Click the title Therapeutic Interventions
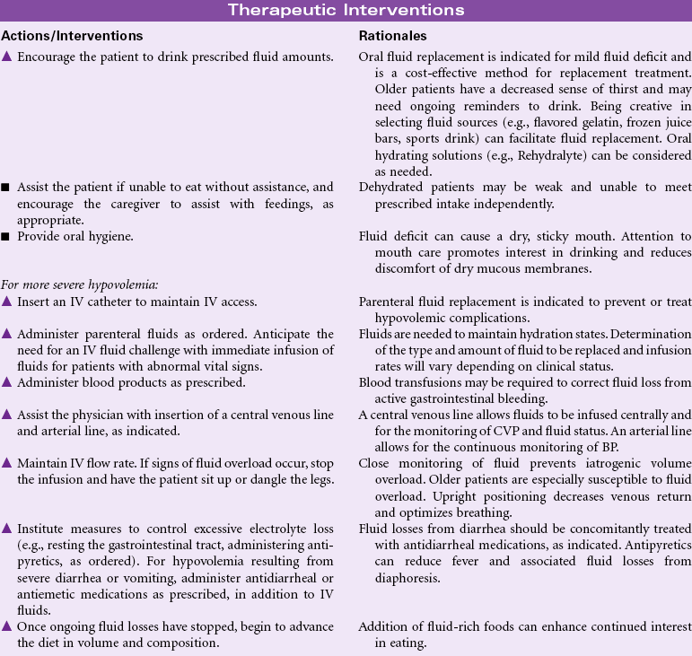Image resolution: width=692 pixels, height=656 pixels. (346, 10)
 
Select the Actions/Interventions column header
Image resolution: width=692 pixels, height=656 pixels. (73, 36)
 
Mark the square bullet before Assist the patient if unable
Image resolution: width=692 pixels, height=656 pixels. (6, 188)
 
